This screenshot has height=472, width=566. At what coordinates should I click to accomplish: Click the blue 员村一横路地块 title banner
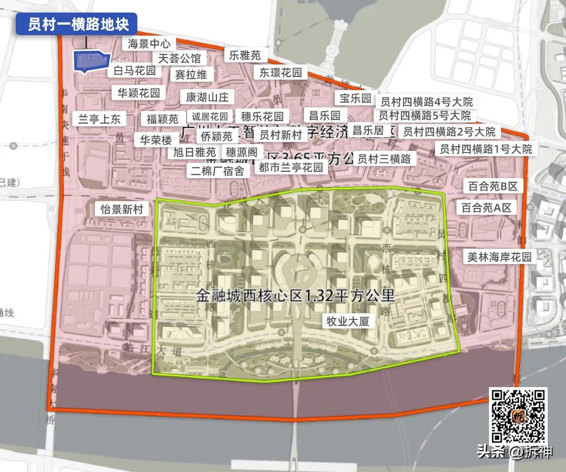[x=76, y=24]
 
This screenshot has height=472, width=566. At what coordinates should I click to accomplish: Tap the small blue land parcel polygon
[x=89, y=61]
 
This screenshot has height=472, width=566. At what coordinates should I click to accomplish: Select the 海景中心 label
[x=149, y=43]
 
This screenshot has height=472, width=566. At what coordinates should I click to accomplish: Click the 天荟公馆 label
[x=179, y=58]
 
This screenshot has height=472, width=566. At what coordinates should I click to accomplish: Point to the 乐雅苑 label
[x=245, y=55]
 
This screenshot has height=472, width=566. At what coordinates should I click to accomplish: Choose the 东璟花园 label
[x=280, y=73]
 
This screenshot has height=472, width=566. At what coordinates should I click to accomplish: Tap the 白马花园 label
[x=135, y=71]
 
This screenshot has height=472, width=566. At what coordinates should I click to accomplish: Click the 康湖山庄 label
[x=208, y=97]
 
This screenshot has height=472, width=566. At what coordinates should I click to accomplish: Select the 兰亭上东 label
[x=99, y=119]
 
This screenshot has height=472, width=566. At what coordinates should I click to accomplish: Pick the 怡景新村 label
[x=122, y=210]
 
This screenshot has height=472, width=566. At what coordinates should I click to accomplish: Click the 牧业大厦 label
[x=348, y=321]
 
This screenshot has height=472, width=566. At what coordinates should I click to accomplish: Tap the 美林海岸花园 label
[x=499, y=257]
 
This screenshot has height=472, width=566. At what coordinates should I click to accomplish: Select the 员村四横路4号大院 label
[x=426, y=102]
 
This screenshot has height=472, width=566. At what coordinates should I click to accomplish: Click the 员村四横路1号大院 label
[x=486, y=149]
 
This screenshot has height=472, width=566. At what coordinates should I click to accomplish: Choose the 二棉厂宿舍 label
[x=217, y=170]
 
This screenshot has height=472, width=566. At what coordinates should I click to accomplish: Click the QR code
[x=518, y=416]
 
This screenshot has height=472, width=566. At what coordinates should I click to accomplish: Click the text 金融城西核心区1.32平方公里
[x=295, y=296]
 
